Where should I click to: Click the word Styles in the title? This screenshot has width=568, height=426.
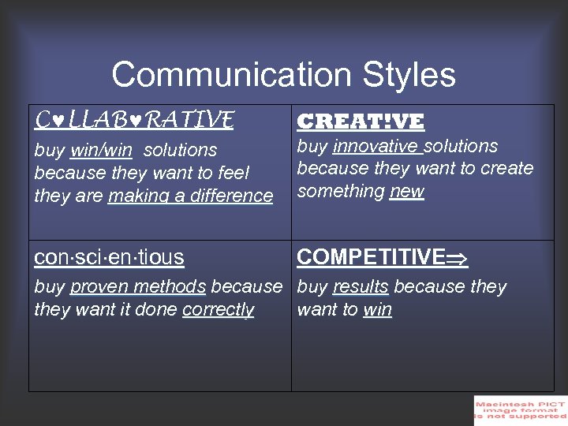(409, 75)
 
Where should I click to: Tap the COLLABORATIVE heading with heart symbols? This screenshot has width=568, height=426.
(134, 120)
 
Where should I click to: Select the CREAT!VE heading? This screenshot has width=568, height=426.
(360, 121)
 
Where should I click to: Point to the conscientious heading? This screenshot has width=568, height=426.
(109, 257)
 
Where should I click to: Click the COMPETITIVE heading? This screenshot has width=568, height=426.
(371, 257)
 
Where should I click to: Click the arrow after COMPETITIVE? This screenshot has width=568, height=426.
(458, 258)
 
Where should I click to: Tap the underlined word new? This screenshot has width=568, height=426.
(407, 192)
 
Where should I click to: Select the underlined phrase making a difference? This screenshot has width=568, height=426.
(190, 196)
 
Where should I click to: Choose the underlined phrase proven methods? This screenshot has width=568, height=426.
(138, 286)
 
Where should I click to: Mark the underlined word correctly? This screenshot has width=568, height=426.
(218, 309)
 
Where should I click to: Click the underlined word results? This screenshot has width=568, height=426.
(361, 286)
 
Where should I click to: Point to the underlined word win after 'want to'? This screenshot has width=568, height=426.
(377, 309)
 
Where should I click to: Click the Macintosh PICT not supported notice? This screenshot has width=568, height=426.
(520, 410)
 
